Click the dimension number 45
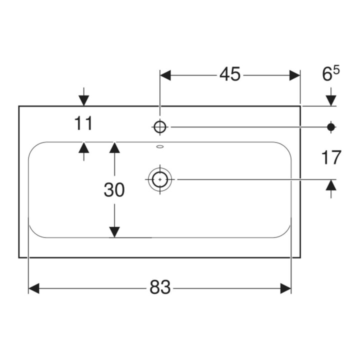click(x=230, y=74)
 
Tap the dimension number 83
click(x=160, y=287)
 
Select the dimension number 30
click(x=114, y=190)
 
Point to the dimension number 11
click(x=83, y=123)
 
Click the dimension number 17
click(x=331, y=157)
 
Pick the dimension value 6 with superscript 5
click(x=330, y=73)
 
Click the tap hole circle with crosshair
click(x=160, y=126)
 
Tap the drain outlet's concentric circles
click(x=160, y=179)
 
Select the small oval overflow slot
click(x=160, y=146)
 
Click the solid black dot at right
click(x=331, y=126)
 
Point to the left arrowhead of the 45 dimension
click(x=165, y=75)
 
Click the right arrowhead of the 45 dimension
click(x=294, y=75)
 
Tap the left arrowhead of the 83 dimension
click(x=34, y=288)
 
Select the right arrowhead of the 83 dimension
click(x=285, y=288)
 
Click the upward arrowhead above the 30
click(x=114, y=147)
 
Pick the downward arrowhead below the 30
click(x=114, y=232)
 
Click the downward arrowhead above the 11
click(x=84, y=100)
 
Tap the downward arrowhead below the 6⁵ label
click(x=331, y=100)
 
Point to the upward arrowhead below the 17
click(x=331, y=185)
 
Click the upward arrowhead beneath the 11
click(x=84, y=147)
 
